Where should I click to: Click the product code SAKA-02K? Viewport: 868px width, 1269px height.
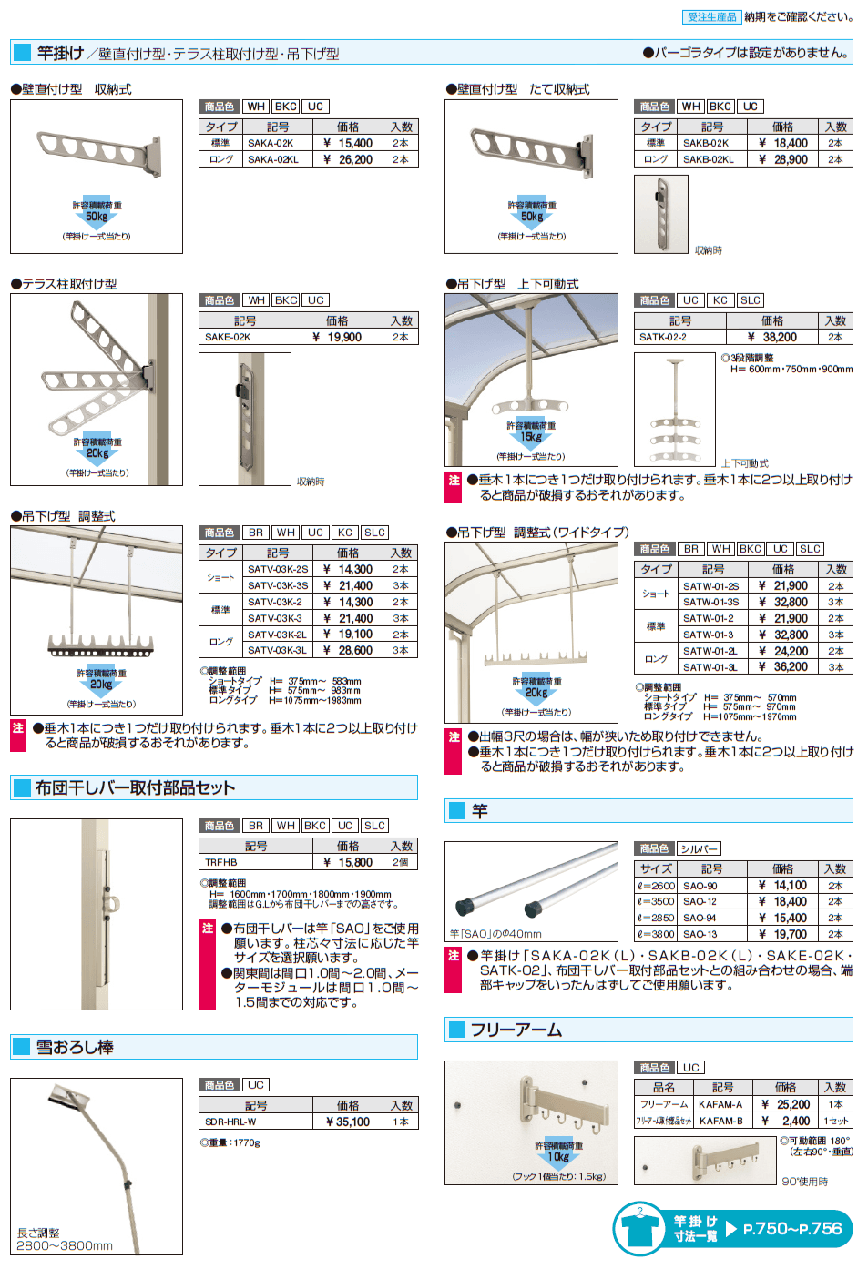click(271, 143)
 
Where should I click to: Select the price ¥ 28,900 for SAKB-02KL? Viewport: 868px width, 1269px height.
click(782, 159)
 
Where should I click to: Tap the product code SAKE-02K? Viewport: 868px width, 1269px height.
click(228, 337)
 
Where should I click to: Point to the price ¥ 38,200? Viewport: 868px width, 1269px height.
click(771, 337)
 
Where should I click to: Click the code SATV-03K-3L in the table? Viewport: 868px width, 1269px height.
click(277, 650)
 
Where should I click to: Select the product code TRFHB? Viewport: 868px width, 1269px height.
click(221, 862)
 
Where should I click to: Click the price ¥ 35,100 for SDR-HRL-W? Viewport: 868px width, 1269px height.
click(348, 1122)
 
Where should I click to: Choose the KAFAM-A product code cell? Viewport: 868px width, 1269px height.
click(720, 1104)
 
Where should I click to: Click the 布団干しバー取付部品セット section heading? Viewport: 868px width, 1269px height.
click(135, 787)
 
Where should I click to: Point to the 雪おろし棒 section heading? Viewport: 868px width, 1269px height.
click(75, 1047)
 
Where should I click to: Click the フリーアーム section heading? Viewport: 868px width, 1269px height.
click(516, 1030)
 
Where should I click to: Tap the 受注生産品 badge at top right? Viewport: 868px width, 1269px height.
click(711, 16)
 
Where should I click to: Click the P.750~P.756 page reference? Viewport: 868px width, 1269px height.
click(792, 1228)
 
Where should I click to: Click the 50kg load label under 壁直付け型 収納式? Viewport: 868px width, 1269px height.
click(97, 217)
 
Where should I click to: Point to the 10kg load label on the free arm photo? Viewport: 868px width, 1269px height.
click(557, 1157)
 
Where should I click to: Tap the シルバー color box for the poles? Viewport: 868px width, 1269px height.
click(699, 848)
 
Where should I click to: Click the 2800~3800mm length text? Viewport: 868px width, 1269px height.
click(65, 1245)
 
